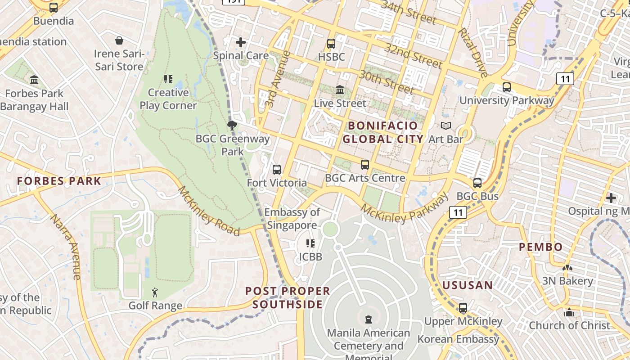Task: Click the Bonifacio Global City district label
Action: click(382, 132)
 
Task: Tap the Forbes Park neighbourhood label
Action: click(59, 181)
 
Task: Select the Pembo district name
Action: click(541, 247)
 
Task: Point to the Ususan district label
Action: click(468, 285)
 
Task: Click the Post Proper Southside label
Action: click(288, 297)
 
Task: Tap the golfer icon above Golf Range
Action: click(155, 293)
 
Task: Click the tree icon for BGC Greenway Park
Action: click(232, 126)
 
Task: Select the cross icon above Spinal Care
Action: click(241, 42)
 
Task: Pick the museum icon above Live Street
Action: click(340, 90)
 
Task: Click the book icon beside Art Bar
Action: click(445, 126)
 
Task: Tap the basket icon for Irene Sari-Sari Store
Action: click(119, 41)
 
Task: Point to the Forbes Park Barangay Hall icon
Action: click(34, 80)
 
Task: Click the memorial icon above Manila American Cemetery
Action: click(369, 319)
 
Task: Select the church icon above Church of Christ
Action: click(569, 312)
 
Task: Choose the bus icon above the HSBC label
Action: click(331, 44)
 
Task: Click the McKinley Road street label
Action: click(209, 211)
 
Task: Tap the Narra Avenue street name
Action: click(66, 246)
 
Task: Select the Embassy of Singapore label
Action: click(292, 219)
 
